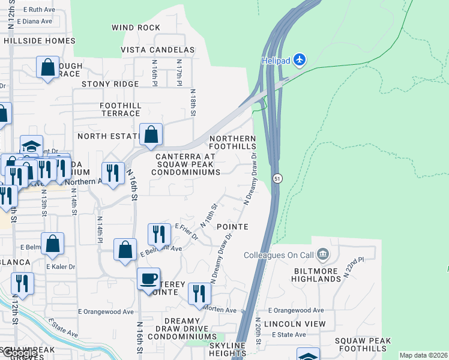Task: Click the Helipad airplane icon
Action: coord(300,60)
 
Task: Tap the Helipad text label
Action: coord(276,61)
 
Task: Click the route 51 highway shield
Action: coord(277,179)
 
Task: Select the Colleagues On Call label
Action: coord(279,255)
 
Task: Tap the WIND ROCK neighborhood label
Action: coord(136,28)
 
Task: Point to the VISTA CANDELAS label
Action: coord(158,50)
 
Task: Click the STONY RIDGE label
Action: coord(110,84)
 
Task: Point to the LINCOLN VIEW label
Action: coord(298,324)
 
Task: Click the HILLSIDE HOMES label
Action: coord(40,41)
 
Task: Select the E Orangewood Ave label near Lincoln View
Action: coord(296,311)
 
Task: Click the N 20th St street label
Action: coord(259,332)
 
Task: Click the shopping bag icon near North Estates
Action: coord(151,134)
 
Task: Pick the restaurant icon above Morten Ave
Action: coord(199,293)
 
